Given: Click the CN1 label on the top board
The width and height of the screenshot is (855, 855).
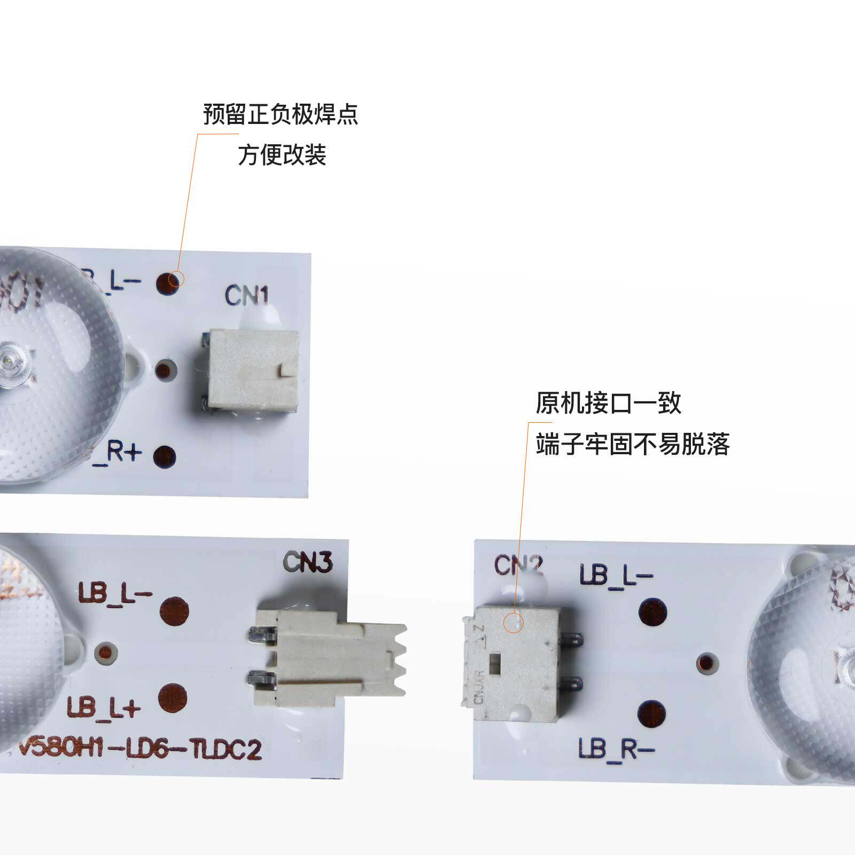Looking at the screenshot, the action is tap(246, 296).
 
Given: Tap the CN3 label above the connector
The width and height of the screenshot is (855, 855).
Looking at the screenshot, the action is tap(308, 562).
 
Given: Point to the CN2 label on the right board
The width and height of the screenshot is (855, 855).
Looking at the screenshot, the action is tap(518, 565).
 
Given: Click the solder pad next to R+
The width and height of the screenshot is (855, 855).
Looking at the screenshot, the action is tap(165, 456).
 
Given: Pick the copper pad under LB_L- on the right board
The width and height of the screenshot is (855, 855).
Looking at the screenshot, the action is tap(653, 612).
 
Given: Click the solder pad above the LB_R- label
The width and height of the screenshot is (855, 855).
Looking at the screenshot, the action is tap(652, 714).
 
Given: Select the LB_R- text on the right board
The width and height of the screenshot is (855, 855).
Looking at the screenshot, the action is tap(616, 749).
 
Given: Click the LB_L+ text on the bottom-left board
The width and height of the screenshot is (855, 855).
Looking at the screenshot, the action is tap(103, 707).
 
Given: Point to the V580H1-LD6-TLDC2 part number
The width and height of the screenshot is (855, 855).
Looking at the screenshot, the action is tap(140, 749).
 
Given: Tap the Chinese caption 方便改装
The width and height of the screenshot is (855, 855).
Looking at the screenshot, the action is tap(282, 155).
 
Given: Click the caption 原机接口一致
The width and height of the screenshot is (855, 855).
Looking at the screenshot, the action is tap(608, 403).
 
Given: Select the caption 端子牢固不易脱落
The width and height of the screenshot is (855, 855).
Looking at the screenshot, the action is tap(633, 444).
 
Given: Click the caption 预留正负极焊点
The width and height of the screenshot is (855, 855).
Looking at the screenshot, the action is tap(280, 114).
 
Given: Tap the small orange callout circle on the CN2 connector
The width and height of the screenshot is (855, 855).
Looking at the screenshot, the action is tap(514, 623).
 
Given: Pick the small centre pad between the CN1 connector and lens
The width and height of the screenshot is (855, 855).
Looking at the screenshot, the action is tap(165, 369).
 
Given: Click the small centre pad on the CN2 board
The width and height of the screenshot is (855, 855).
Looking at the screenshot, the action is tap(707, 663).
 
